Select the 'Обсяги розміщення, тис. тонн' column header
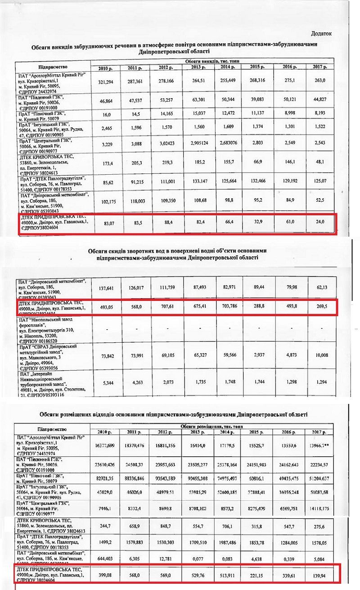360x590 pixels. (211, 425)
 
